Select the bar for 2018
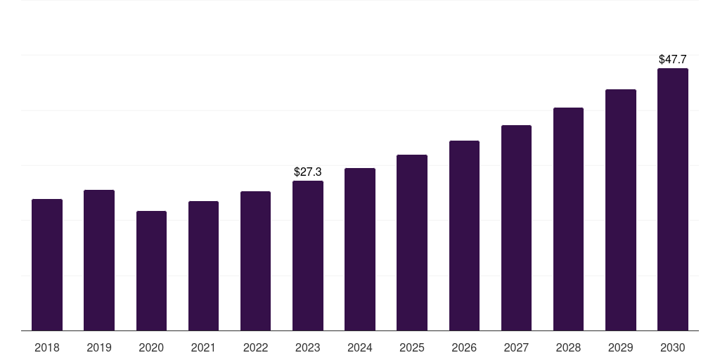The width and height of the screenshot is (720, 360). tap(47, 265)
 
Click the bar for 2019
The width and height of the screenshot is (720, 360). tap(99, 260)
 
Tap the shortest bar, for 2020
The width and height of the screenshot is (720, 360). tap(152, 271)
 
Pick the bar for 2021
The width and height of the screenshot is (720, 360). tap(203, 266)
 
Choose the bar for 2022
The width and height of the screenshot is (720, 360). tap(255, 261)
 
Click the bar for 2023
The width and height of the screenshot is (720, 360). tap(308, 256)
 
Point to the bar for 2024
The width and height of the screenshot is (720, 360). tap(360, 250)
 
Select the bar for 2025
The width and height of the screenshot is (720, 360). tap(412, 243)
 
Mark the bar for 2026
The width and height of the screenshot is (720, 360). tap(464, 236)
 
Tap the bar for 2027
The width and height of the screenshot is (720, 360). tap(516, 228)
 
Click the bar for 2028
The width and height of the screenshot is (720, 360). tap(568, 219)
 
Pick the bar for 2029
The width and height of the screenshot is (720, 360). tap(621, 210)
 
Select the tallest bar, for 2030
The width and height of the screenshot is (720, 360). tap(673, 199)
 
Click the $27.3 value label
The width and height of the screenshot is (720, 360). tap(308, 172)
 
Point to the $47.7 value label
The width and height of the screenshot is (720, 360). tap(673, 59)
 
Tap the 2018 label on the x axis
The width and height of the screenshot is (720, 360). tap(47, 347)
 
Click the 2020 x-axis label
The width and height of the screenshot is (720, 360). tap(152, 347)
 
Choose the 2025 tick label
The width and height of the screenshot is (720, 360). tap(412, 347)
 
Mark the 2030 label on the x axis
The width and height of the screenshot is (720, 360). tap(673, 347)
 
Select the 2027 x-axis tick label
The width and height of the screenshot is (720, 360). tap(516, 347)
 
